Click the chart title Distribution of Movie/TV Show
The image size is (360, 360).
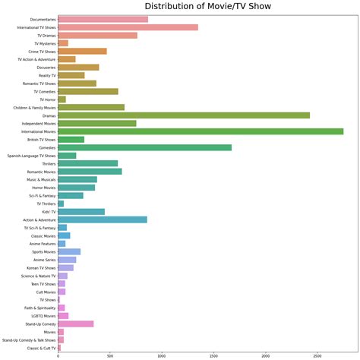(x=207, y=7)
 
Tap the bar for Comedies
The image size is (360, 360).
(x=144, y=147)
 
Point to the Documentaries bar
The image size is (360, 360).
(x=103, y=19)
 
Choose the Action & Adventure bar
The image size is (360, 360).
(x=103, y=219)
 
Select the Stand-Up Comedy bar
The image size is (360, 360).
(x=76, y=324)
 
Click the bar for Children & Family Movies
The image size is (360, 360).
(x=91, y=107)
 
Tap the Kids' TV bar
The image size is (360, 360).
(x=81, y=212)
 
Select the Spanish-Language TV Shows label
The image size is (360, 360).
(x=31, y=156)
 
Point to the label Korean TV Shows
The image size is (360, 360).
(x=42, y=267)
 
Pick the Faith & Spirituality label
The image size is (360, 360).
(x=39, y=308)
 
